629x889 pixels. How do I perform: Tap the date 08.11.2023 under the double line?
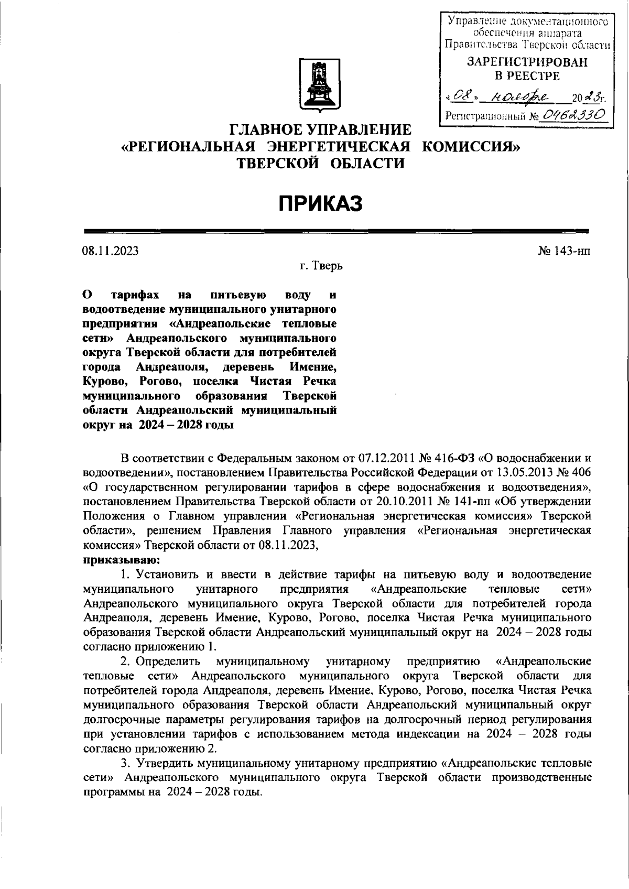[110, 251]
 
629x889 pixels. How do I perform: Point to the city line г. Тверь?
[321, 266]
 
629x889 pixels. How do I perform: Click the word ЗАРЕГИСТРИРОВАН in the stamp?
[527, 62]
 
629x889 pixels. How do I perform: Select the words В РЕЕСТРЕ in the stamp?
[527, 76]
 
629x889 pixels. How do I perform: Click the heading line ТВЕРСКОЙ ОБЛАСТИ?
[321, 164]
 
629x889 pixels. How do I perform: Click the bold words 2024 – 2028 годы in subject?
[186, 426]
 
